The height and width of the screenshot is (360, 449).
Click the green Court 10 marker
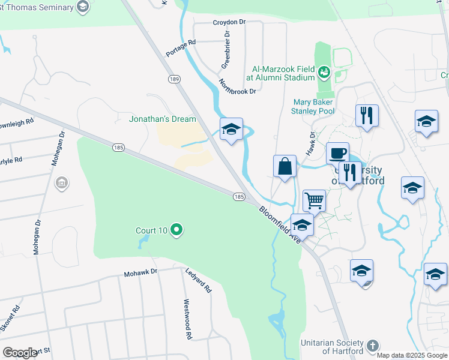click(176, 230)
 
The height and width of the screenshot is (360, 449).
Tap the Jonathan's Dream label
click(163, 119)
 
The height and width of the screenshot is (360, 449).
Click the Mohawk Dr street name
click(140, 272)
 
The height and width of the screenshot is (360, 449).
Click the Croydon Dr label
click(229, 22)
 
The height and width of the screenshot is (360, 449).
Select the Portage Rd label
click(181, 48)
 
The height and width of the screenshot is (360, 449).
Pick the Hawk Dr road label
click(311, 143)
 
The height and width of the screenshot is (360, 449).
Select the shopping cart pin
click(314, 201)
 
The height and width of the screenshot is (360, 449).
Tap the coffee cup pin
click(338, 153)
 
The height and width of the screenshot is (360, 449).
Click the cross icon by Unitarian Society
click(372, 346)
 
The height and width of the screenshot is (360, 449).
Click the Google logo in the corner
click(20, 353)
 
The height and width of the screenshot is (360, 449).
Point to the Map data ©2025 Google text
click(411, 355)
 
